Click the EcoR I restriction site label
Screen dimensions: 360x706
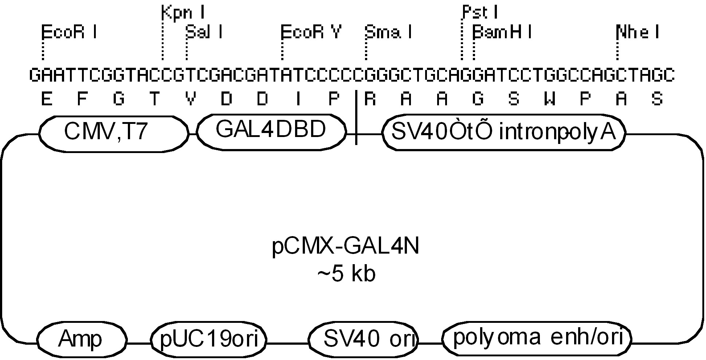[69, 33]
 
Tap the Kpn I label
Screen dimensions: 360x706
[183, 13]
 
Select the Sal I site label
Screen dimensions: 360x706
[204, 32]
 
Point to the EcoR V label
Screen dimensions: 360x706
[311, 32]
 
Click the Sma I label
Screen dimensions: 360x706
[388, 32]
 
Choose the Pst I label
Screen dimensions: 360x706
[479, 13]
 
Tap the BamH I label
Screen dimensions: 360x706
[502, 32]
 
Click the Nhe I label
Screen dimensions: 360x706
[638, 32]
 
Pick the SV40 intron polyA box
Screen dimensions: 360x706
[503, 133]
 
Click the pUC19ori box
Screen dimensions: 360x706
[209, 339]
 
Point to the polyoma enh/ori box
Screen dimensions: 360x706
[536, 338]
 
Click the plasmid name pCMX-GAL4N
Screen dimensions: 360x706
[346, 247]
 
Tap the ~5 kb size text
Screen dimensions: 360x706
[346, 274]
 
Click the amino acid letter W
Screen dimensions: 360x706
[550, 99]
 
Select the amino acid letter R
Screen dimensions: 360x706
[370, 99]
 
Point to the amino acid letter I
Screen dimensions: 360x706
[298, 99]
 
